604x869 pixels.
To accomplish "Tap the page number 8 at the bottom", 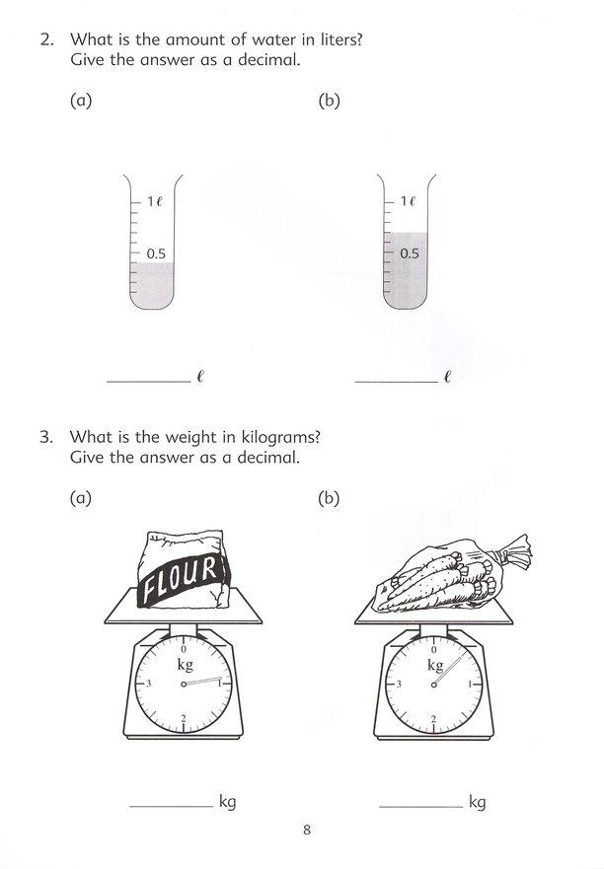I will coord(307,830).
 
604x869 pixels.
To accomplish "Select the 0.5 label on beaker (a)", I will coord(156,253).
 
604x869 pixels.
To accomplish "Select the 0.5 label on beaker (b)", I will coord(410,253).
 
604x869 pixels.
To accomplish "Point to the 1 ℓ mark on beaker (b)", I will coord(409,201).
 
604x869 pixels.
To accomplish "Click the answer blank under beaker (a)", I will coord(147,379).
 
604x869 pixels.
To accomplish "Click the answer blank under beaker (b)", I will coord(396,379).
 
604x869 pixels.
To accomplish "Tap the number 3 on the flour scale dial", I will coord(149,684).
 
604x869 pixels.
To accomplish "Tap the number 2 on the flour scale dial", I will coord(185,718).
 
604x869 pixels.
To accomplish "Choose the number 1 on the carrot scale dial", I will coord(471,684).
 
